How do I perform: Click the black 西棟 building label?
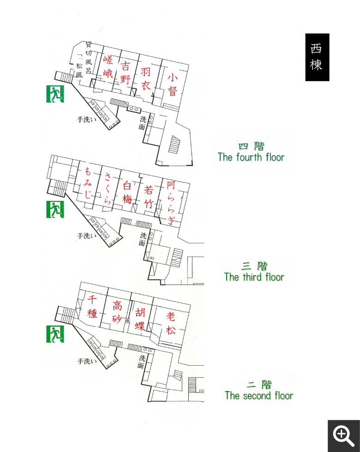point(317,57)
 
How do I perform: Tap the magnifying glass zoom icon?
point(343,436)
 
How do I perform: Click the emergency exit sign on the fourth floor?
point(55,94)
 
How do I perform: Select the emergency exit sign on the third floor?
point(55,209)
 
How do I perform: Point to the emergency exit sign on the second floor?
point(55,334)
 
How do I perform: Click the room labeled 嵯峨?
point(108,66)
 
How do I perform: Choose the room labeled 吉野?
point(126,72)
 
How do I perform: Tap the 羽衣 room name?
point(145,78)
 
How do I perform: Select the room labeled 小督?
point(172,84)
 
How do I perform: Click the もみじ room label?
point(87,183)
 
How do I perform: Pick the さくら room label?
point(108,188)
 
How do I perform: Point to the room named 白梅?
point(127,192)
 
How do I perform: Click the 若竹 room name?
point(149,197)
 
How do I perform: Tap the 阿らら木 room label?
point(171,203)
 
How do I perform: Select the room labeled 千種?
point(92,306)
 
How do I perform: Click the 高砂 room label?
point(117,312)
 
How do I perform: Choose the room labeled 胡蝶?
point(140,319)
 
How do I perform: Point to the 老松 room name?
point(170,323)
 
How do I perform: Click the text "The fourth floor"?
point(251,157)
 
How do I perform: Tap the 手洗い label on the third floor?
point(87,236)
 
